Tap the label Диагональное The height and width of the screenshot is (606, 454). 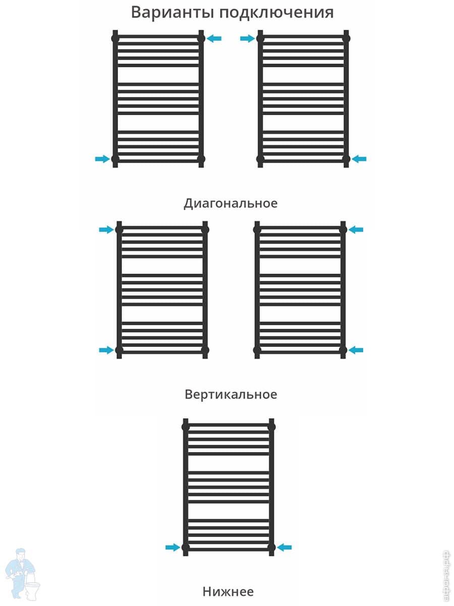tap(231, 203)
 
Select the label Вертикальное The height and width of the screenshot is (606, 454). tap(231, 394)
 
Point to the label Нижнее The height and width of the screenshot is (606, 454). tap(228, 591)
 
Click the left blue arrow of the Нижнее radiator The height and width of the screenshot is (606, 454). tap(173, 547)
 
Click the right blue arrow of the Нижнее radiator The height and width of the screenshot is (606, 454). tap(285, 547)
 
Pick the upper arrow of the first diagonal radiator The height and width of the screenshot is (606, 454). tap(214, 38)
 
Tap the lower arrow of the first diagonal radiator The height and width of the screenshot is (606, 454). tap(102, 159)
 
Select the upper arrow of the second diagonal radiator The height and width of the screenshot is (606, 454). tap(248, 38)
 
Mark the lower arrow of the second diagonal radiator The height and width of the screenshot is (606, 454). tap(359, 159)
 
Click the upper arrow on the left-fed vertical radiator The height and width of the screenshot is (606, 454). tap(106, 230)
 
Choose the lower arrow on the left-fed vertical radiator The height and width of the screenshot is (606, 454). tap(106, 350)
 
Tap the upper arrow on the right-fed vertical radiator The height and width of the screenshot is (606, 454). tap(356, 230)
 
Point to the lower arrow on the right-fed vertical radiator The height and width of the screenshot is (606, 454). tap(356, 350)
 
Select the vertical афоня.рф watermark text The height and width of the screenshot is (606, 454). tap(445, 576)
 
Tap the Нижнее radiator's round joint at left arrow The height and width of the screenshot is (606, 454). tap(186, 547)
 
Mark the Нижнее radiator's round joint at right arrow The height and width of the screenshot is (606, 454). tap(271, 547)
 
